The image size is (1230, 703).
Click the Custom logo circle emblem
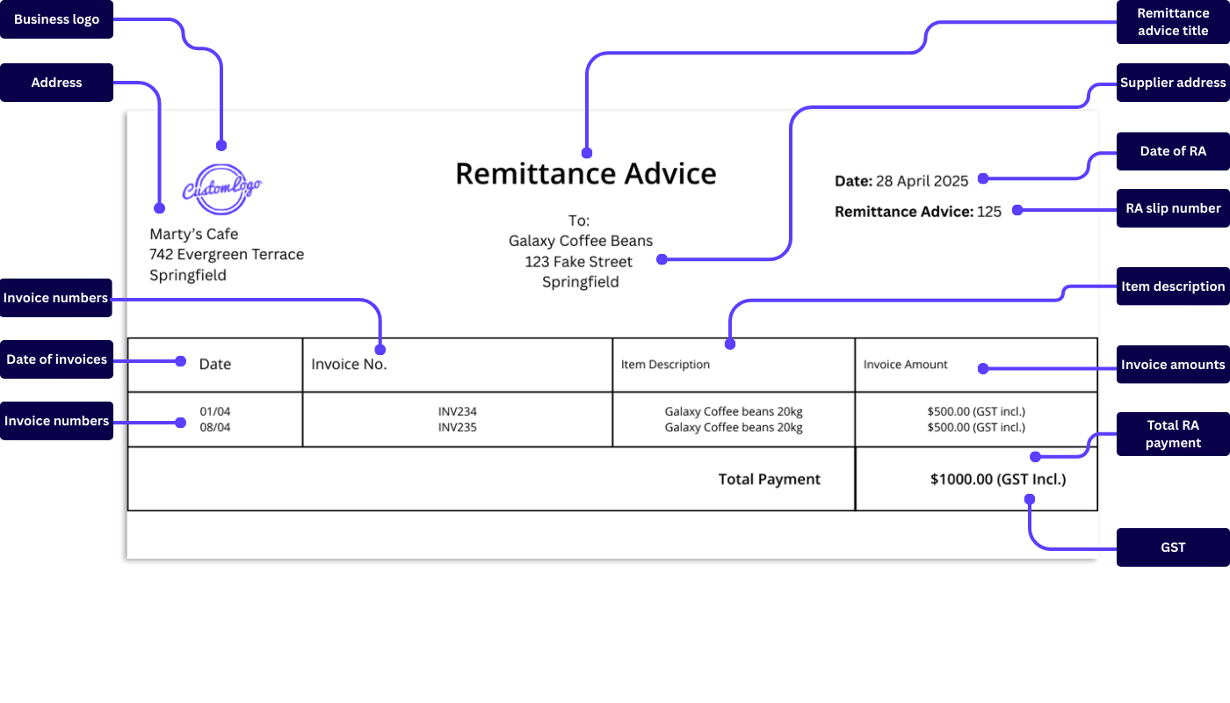221,189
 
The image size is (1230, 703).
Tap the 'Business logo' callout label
56,19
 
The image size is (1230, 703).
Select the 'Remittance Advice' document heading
585,174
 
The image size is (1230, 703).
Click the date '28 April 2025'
922,181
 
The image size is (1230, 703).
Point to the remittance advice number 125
989,212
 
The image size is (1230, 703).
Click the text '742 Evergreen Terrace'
227,255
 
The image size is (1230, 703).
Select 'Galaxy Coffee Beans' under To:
581,241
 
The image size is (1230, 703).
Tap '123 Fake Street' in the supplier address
578,262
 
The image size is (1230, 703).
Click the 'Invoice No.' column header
349,365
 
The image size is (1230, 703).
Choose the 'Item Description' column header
665,365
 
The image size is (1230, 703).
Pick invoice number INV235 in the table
457,428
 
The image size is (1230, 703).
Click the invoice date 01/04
214,411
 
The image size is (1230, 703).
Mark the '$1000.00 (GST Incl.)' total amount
998,480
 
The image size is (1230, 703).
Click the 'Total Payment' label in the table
769,480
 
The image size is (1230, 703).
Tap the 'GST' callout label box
1173,547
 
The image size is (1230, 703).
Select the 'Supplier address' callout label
1173,83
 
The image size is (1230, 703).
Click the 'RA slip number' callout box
1173,208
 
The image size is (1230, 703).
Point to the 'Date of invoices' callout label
56,359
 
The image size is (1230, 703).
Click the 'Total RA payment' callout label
1173,434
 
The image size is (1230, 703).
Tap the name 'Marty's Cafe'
193,234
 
